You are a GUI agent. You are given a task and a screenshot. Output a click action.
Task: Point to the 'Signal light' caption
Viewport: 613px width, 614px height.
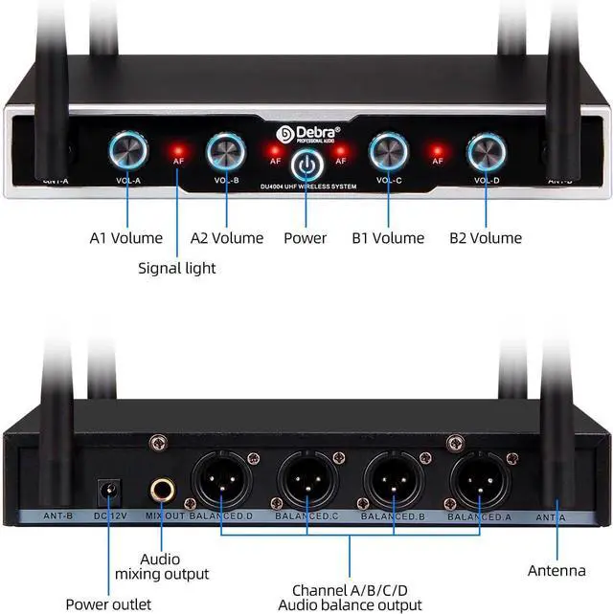[x=177, y=268]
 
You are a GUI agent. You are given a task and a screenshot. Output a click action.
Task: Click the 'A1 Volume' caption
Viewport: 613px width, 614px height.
[x=126, y=237]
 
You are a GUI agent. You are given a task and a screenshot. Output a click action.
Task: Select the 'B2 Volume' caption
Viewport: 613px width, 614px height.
[x=486, y=237]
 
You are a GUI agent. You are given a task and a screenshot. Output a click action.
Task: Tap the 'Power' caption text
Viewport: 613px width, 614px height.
[x=305, y=237]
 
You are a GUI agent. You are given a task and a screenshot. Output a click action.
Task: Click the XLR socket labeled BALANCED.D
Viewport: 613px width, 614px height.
[x=222, y=477]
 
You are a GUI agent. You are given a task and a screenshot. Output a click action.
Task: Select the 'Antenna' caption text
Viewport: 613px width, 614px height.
[x=556, y=571]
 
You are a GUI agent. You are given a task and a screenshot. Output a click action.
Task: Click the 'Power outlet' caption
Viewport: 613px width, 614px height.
[x=108, y=603]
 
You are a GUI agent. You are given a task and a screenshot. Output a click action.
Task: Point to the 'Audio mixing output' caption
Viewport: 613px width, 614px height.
[x=162, y=566]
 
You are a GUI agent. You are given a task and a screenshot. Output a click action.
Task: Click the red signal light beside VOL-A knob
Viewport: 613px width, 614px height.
[x=177, y=150]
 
